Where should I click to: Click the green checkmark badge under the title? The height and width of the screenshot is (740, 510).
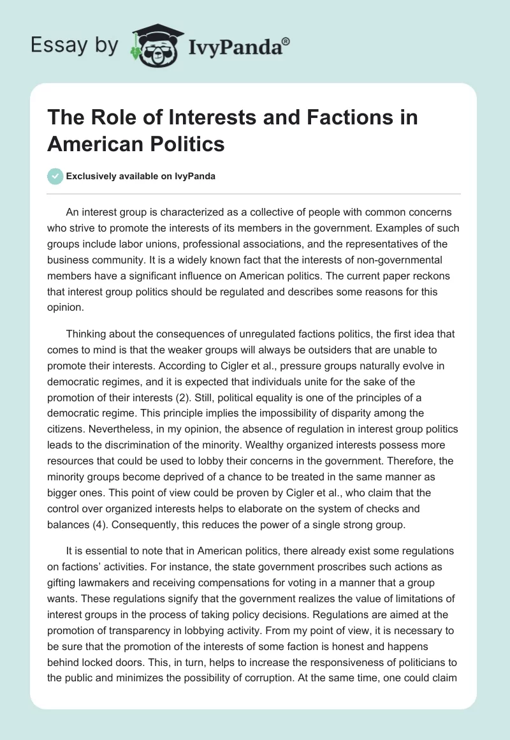pos(56,176)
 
